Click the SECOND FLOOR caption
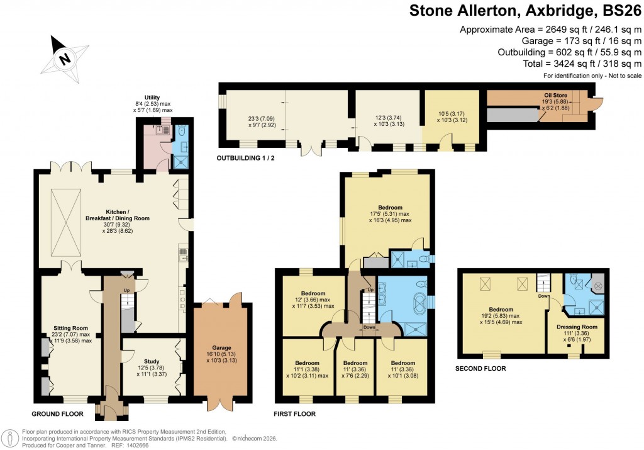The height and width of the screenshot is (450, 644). [x=480, y=369]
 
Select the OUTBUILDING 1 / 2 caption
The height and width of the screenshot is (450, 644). [x=246, y=157]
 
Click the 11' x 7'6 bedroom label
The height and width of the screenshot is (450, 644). [x=355, y=363]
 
